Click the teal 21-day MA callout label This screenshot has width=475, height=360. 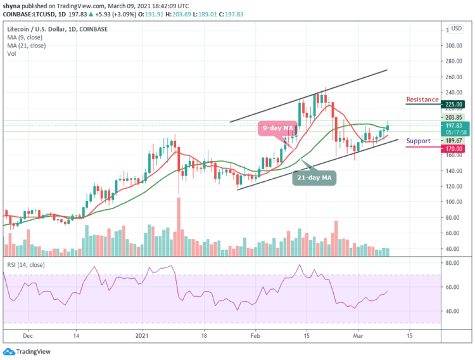(315, 178)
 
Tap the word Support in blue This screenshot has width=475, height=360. (418, 141)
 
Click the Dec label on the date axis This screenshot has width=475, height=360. (26, 336)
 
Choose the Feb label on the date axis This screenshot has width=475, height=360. (255, 336)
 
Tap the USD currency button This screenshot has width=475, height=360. (455, 29)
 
